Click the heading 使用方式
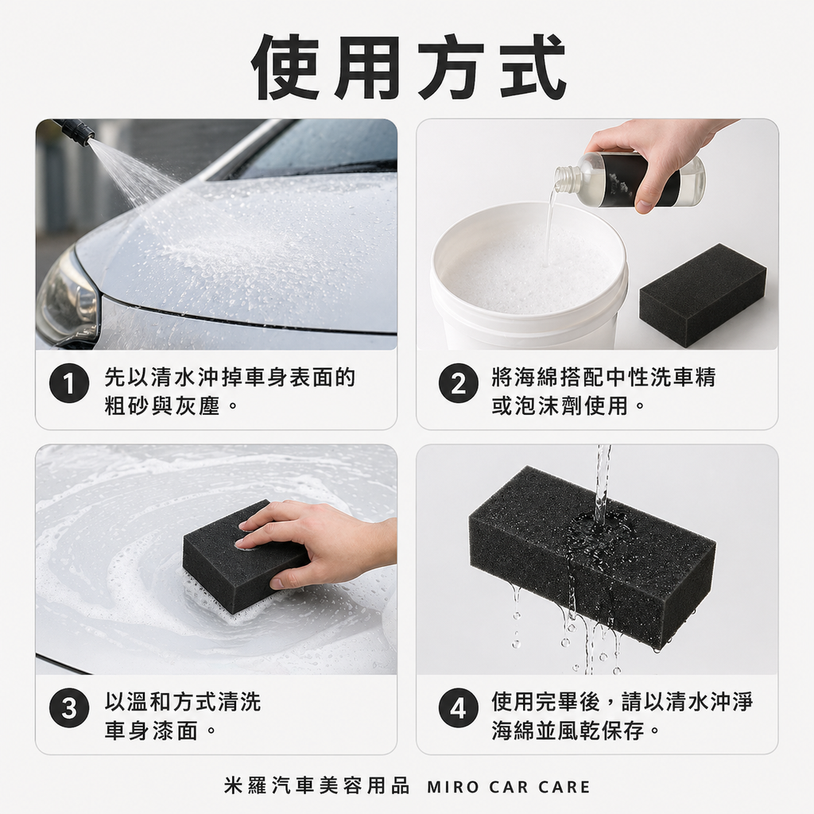407,67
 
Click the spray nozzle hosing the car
76,132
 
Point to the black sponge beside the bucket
702,293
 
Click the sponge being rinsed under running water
591,556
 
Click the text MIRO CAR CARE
509,787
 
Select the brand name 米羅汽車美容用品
317,787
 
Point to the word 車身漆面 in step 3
150,731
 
